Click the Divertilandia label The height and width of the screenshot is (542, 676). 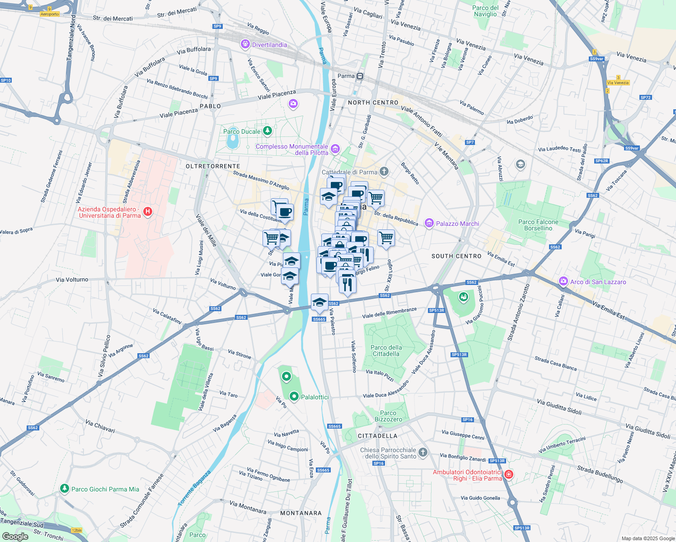point(269,45)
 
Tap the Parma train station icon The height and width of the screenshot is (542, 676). point(360,76)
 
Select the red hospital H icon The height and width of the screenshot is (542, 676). point(147,211)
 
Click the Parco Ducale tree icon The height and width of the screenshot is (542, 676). point(268,131)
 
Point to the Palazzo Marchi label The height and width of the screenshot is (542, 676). point(457,224)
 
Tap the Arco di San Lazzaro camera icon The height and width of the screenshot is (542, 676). point(563,281)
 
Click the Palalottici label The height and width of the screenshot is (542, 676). point(315,397)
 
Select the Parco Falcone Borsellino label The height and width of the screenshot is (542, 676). point(538,225)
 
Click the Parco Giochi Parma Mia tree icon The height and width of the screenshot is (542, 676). point(65,489)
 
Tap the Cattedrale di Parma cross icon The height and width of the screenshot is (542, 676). point(384,171)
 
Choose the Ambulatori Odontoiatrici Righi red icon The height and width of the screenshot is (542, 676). point(509,474)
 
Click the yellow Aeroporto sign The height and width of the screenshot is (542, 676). point(50,14)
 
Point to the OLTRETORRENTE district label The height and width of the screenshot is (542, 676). point(213,166)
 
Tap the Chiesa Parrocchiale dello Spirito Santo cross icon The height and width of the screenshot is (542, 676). point(422,452)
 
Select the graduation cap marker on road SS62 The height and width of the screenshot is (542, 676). point(319,302)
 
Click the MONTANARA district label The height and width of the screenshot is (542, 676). point(301,513)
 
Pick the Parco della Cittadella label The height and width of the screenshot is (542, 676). point(386,350)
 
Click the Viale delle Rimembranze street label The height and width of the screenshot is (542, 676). point(389,313)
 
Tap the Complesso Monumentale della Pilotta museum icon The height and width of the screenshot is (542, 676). point(335,149)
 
